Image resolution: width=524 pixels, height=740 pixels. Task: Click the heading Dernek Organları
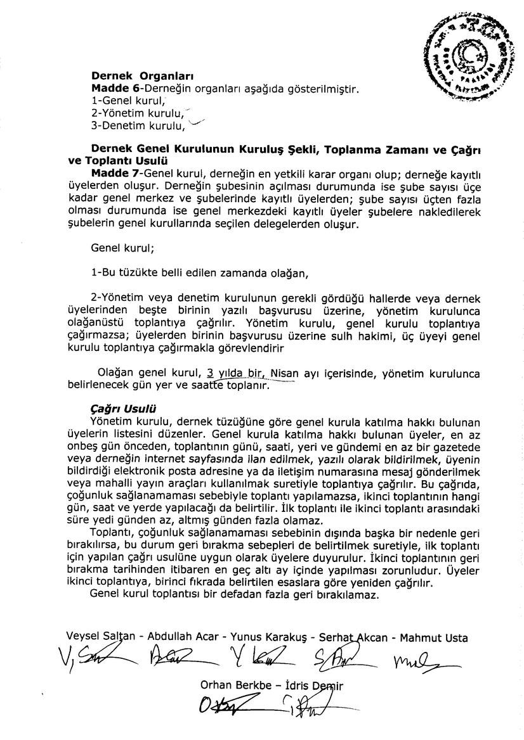(134, 77)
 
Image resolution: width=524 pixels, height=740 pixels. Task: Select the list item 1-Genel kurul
(128, 100)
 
